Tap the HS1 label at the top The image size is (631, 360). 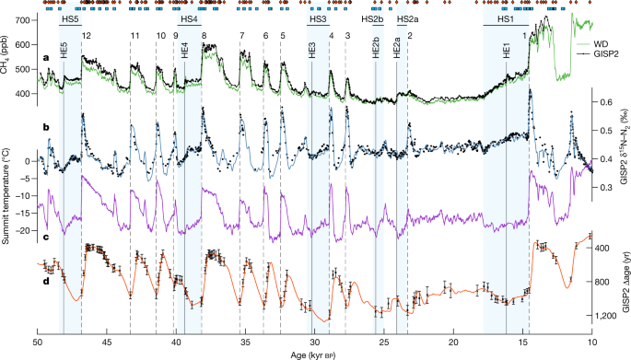click(x=506, y=19)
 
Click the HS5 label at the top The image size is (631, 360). click(x=70, y=19)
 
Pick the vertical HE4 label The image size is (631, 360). click(x=185, y=50)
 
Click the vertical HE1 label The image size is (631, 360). click(x=507, y=50)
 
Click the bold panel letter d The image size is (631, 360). click(x=45, y=254)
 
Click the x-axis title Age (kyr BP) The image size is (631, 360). click(x=314, y=354)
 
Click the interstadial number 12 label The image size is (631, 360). click(x=86, y=34)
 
